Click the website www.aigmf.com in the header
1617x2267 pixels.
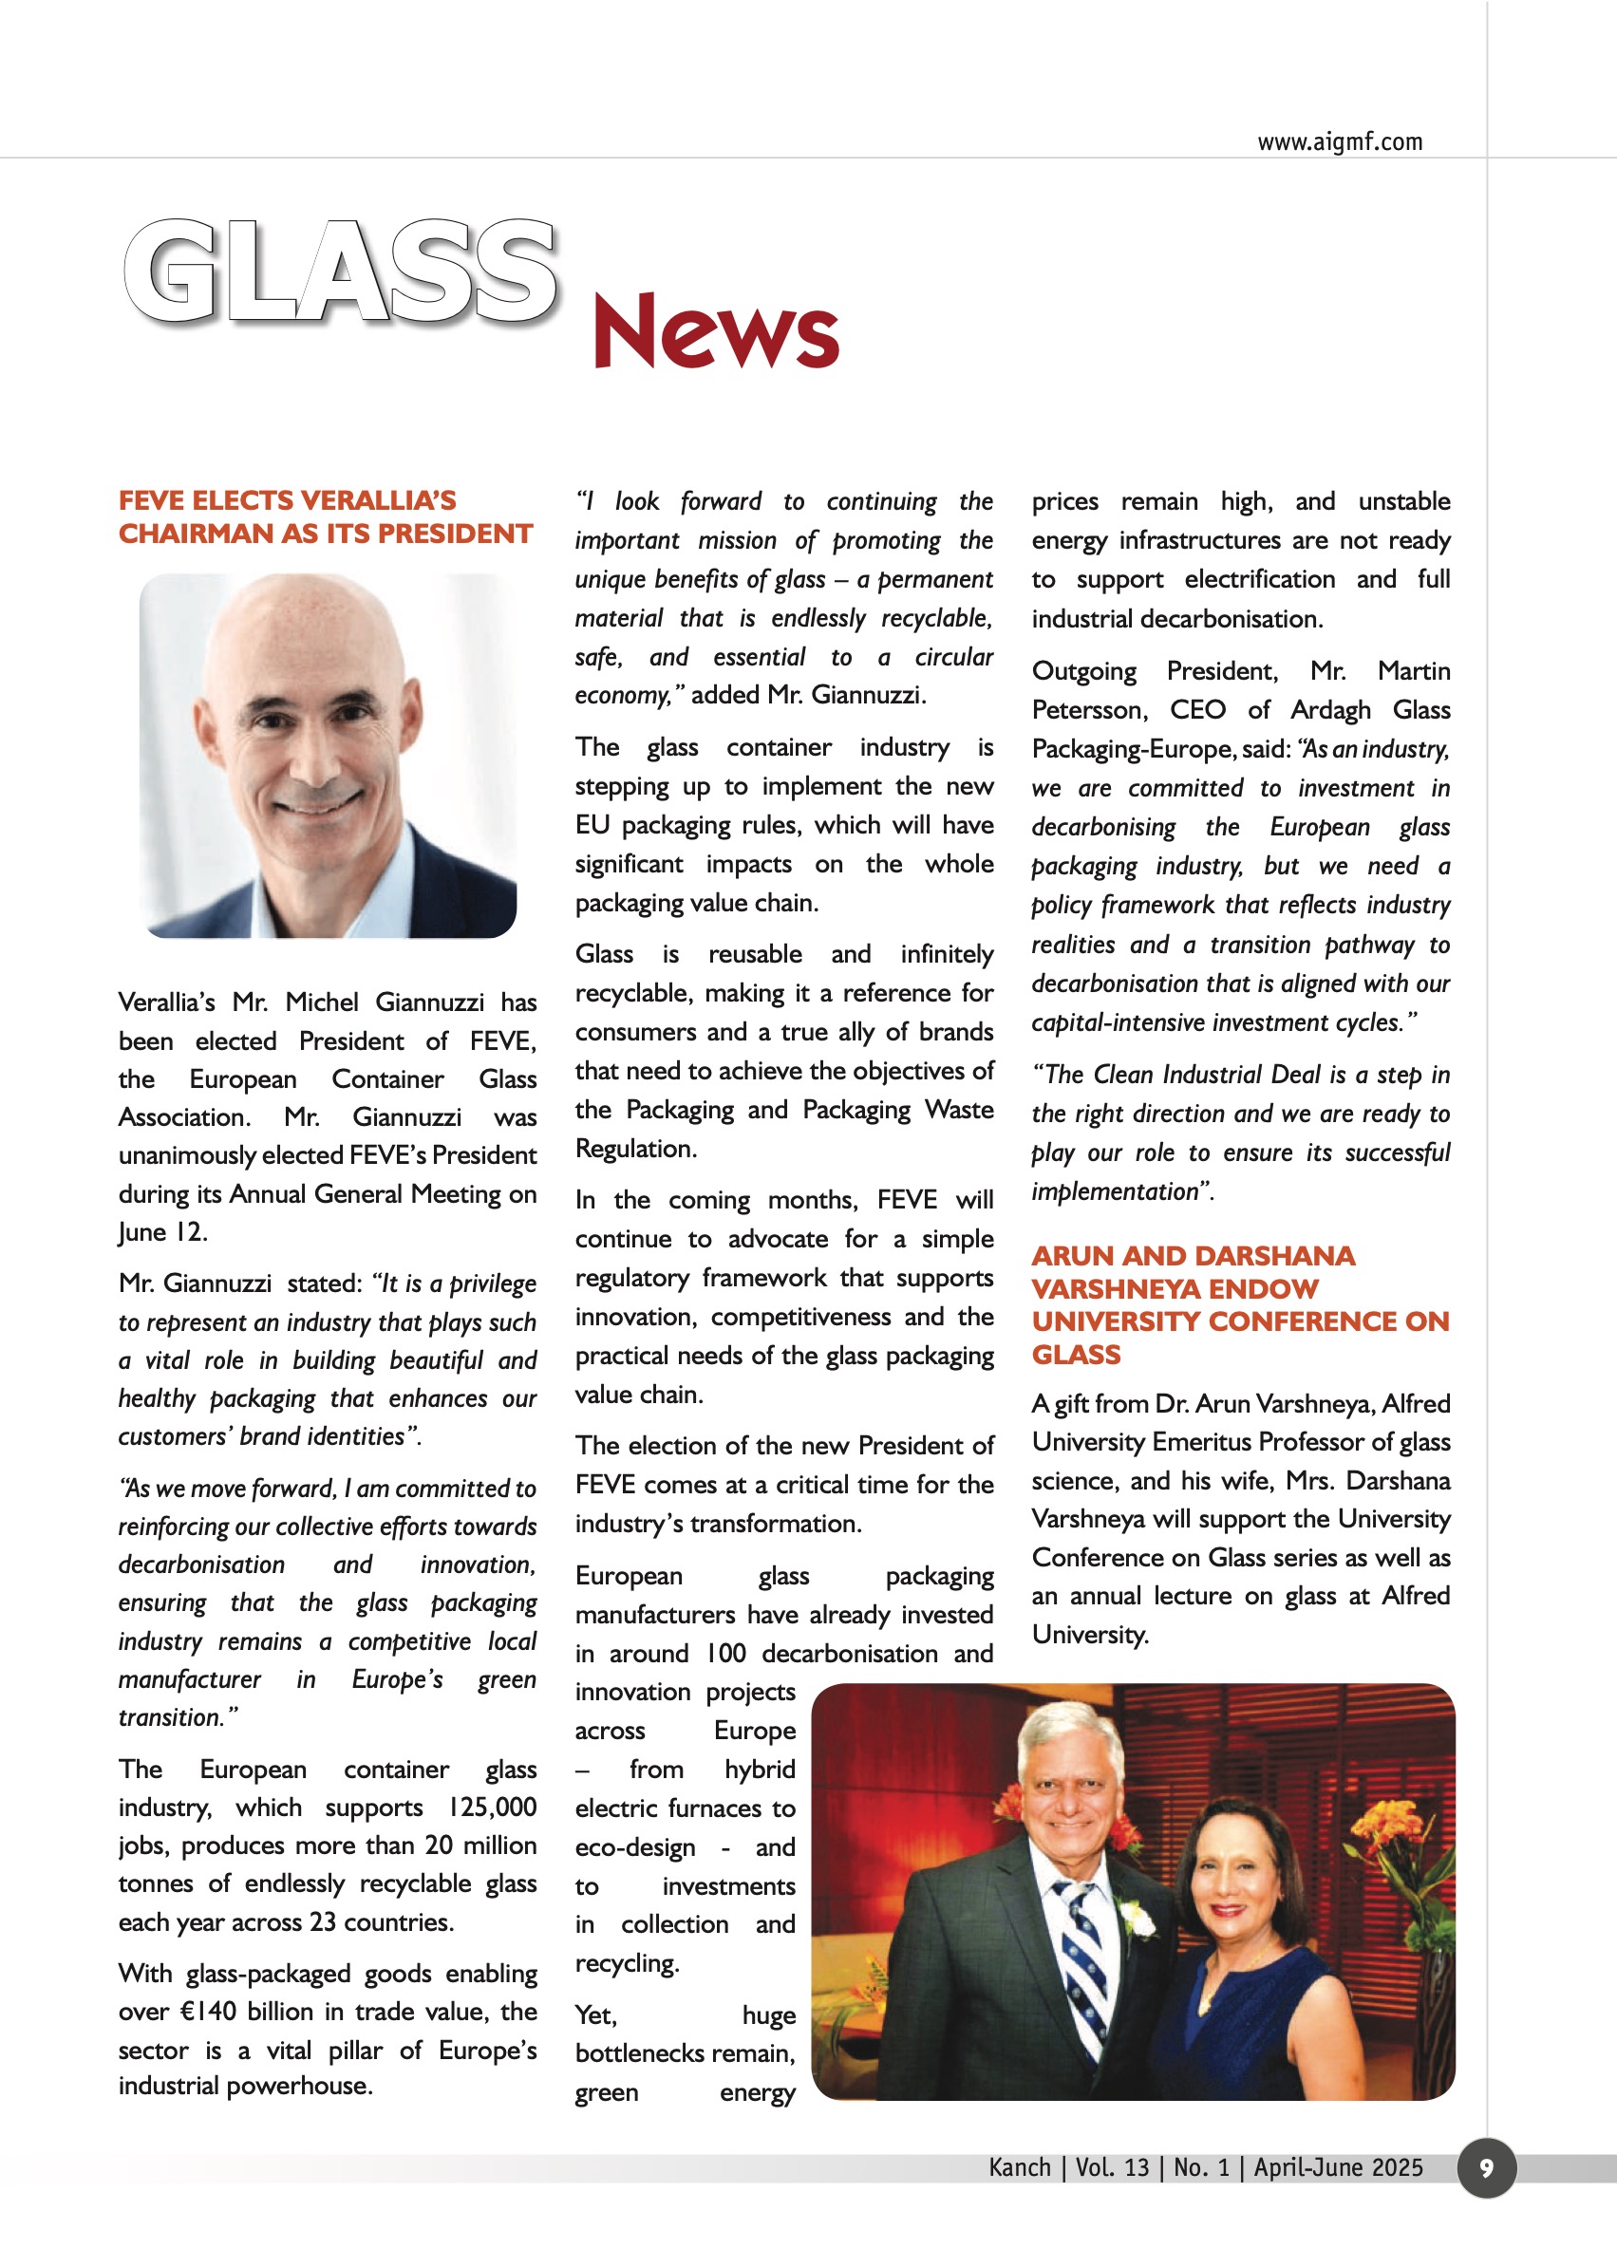pos(1339,142)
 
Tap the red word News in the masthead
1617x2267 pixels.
pos(715,330)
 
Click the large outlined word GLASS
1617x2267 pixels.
pos(341,272)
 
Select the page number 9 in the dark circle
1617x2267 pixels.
pos(1486,2167)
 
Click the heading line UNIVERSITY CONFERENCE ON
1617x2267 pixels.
pos(1240,1321)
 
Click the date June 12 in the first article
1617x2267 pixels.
pos(161,1232)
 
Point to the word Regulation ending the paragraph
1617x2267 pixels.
pos(635,1149)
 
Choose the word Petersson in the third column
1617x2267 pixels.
pos(1089,710)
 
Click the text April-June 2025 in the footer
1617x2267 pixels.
pos(1337,2167)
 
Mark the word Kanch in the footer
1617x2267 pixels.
pos(1020,2167)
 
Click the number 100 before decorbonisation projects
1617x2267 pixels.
pos(725,1654)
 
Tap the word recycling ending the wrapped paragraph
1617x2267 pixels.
pos(627,1963)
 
